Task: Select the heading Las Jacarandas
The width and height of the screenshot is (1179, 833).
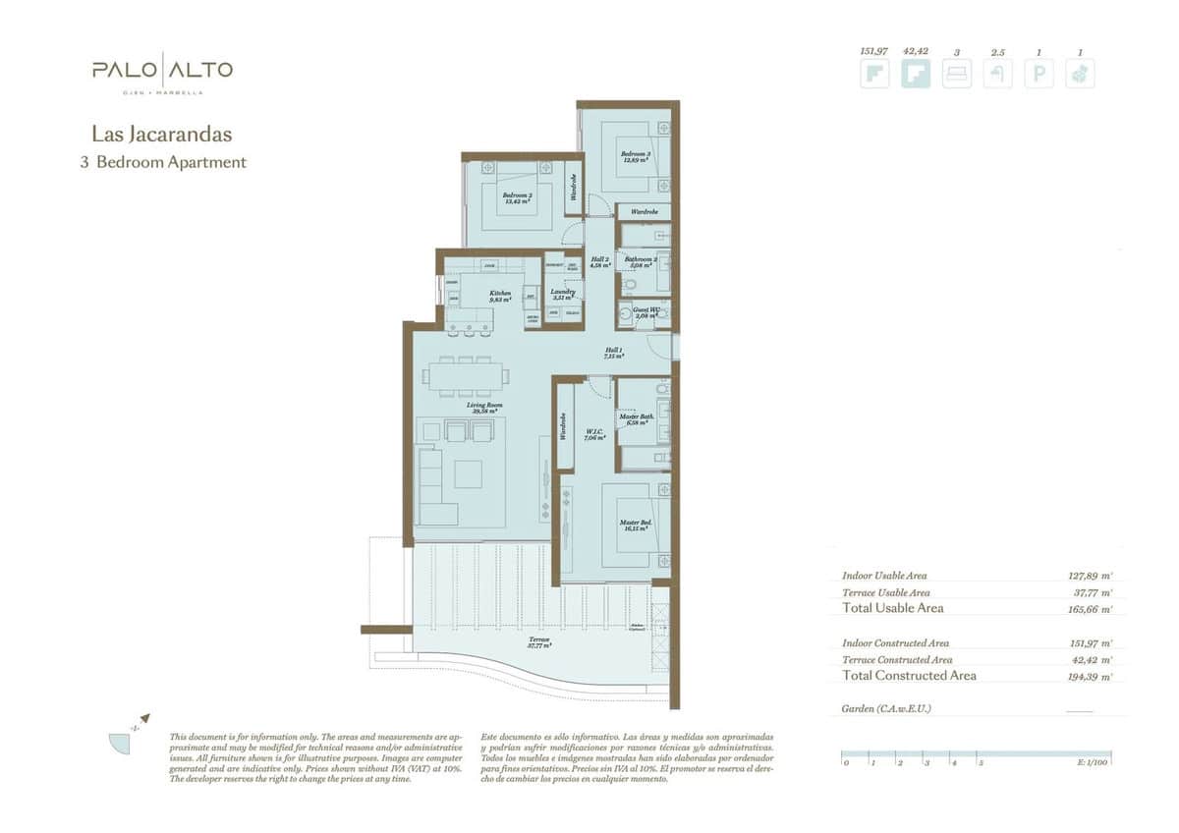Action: click(161, 133)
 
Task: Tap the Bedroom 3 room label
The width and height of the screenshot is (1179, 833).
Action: click(635, 156)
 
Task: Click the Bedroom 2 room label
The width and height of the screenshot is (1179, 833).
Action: click(517, 197)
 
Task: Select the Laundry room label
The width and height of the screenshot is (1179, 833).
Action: click(562, 294)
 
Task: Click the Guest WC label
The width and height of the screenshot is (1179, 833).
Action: click(645, 313)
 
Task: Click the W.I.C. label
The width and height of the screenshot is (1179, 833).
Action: click(592, 434)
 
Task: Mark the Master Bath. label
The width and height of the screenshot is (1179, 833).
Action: click(635, 419)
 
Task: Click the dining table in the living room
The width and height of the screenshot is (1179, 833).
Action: click(466, 374)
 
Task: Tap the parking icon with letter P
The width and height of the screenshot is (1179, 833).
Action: click(1039, 75)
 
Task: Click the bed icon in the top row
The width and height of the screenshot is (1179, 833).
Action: click(956, 75)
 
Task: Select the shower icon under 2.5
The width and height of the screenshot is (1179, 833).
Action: click(997, 75)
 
